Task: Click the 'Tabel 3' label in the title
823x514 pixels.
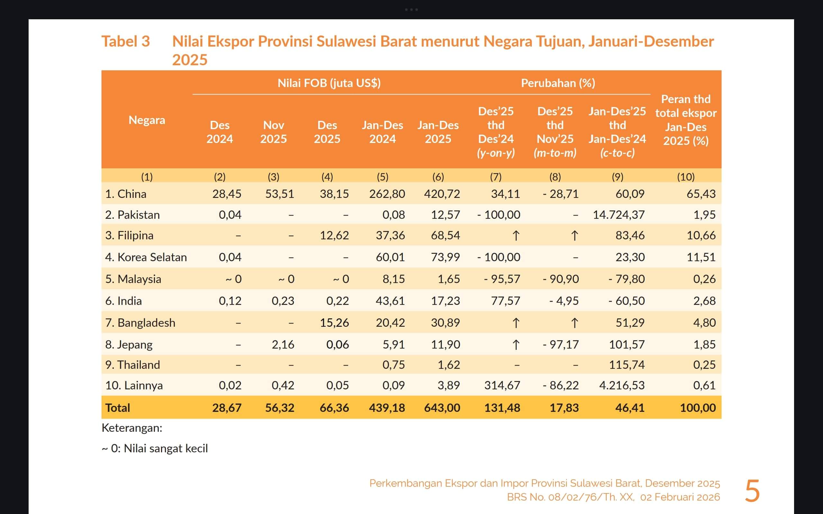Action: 125,41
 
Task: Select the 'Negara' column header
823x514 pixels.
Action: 147,120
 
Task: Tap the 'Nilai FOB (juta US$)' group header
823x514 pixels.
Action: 329,83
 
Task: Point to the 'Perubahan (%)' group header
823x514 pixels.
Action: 558,83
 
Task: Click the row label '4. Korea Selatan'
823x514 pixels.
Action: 146,257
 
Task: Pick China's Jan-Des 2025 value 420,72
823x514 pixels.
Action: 442,194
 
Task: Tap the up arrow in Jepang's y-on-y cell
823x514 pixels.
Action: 516,345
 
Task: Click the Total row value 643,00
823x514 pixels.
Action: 442,408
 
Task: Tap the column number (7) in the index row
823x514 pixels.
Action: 495,177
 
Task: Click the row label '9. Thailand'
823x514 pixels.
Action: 132,365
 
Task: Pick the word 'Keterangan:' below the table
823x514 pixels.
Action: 132,428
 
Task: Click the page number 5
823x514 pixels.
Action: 752,491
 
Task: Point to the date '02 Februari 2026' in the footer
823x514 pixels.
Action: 680,497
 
